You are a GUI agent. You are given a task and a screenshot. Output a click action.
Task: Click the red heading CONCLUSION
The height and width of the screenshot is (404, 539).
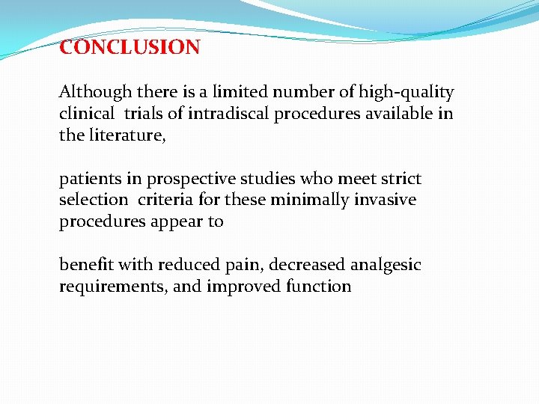click(130, 48)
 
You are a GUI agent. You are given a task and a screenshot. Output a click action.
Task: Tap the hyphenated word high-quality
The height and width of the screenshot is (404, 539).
click(406, 93)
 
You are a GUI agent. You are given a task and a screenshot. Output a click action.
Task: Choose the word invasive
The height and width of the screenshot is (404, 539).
click(387, 201)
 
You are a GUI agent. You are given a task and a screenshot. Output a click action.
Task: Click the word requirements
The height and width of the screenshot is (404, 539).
click(112, 287)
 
